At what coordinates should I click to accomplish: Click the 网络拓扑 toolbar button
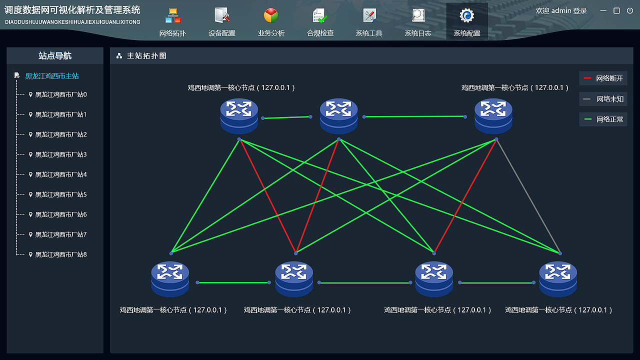172,22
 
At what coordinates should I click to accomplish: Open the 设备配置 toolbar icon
222,22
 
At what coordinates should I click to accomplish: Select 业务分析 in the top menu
271,22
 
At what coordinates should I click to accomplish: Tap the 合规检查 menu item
320,22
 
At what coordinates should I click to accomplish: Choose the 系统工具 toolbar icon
369,22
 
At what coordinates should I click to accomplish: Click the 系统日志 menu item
418,22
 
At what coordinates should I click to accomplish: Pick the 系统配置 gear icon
467,16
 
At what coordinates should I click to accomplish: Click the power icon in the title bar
630,10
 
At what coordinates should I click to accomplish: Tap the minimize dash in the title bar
603,10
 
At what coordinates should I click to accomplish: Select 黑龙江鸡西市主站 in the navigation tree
52,76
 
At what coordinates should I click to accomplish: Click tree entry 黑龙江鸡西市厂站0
61,94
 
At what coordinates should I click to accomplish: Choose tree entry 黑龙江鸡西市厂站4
61,174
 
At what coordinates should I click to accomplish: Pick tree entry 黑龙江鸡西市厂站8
61,254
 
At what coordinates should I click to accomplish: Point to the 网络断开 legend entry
603,78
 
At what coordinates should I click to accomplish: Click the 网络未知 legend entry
603,99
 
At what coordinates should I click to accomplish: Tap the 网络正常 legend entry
603,119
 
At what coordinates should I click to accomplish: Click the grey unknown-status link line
528,196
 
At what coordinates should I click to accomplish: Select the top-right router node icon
493,116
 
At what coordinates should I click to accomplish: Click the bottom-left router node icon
170,279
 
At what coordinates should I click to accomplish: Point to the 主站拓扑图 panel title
146,56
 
